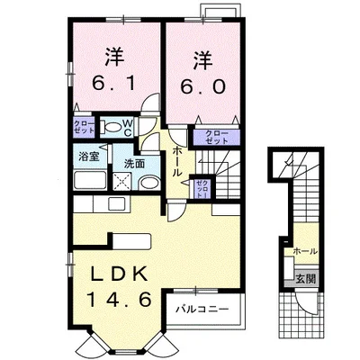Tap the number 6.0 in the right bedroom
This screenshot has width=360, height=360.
click(x=202, y=86)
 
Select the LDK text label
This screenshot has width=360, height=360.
click(x=120, y=274)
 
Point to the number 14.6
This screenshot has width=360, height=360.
click(x=119, y=300)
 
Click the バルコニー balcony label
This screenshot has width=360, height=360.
click(x=202, y=309)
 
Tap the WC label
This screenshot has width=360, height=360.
click(x=127, y=129)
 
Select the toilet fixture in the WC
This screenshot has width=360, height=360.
click(x=110, y=128)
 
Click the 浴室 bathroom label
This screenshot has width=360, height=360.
click(x=89, y=156)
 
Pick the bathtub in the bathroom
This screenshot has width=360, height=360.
click(x=90, y=180)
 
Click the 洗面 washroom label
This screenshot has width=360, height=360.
click(x=134, y=164)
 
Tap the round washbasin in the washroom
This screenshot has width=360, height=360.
click(x=148, y=183)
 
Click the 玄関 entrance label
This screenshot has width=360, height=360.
click(x=306, y=279)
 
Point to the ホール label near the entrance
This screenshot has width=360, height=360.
click(x=305, y=251)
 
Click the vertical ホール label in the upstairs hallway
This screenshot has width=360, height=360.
click(x=177, y=161)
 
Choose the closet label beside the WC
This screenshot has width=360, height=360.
click(x=84, y=127)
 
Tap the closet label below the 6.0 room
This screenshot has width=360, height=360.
click(x=216, y=137)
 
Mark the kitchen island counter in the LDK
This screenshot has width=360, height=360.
click(x=132, y=240)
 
